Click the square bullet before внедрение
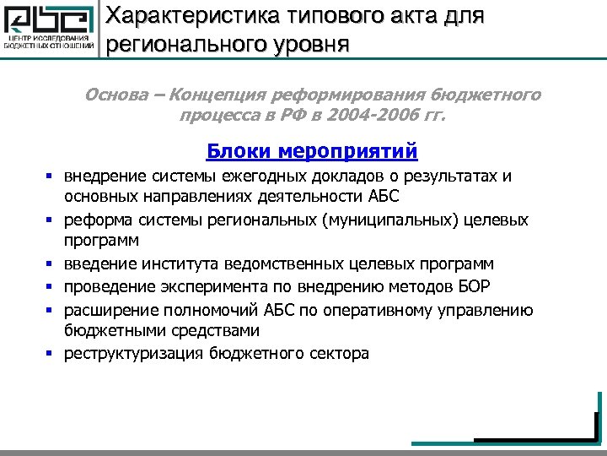pos(51,177)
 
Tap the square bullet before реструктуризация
pos(51,354)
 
